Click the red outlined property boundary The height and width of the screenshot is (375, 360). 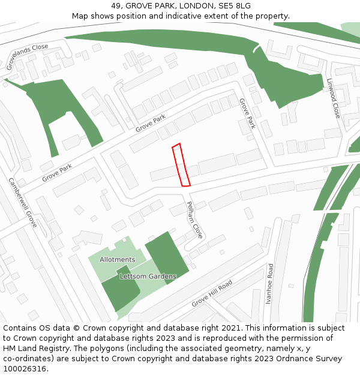point(181,165)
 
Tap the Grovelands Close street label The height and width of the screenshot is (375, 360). point(28,57)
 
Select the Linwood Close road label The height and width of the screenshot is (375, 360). point(334,98)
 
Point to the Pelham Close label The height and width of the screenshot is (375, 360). point(196,220)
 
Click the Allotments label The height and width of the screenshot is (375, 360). point(118,259)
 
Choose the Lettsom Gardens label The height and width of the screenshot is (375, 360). point(148,277)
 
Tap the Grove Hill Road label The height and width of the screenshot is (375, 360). point(212,293)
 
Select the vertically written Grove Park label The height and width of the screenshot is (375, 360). point(247,114)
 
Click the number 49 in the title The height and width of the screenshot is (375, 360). point(116,6)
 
